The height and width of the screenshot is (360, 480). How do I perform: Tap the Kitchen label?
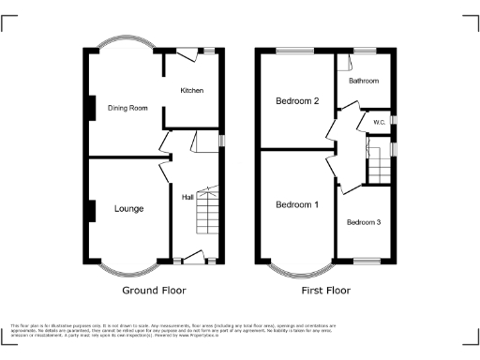point(192,90)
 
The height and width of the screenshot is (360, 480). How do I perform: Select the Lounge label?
point(128,208)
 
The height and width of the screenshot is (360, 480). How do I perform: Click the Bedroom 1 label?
point(296,204)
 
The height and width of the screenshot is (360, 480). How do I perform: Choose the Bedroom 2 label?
point(296,100)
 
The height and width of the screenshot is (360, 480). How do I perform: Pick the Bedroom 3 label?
point(364,222)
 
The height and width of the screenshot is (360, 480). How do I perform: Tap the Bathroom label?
point(364,82)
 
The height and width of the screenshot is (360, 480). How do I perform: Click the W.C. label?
point(380,122)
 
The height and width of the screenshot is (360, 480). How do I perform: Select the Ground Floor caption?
point(151,291)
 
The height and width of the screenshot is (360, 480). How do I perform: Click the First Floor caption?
point(325,291)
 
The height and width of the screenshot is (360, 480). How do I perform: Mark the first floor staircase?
point(378,166)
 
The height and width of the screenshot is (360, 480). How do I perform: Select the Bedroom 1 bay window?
point(296,270)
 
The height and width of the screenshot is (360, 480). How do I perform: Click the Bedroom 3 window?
point(364,261)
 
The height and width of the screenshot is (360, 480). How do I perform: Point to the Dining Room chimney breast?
point(90,109)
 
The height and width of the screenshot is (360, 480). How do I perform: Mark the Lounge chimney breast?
point(90,210)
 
